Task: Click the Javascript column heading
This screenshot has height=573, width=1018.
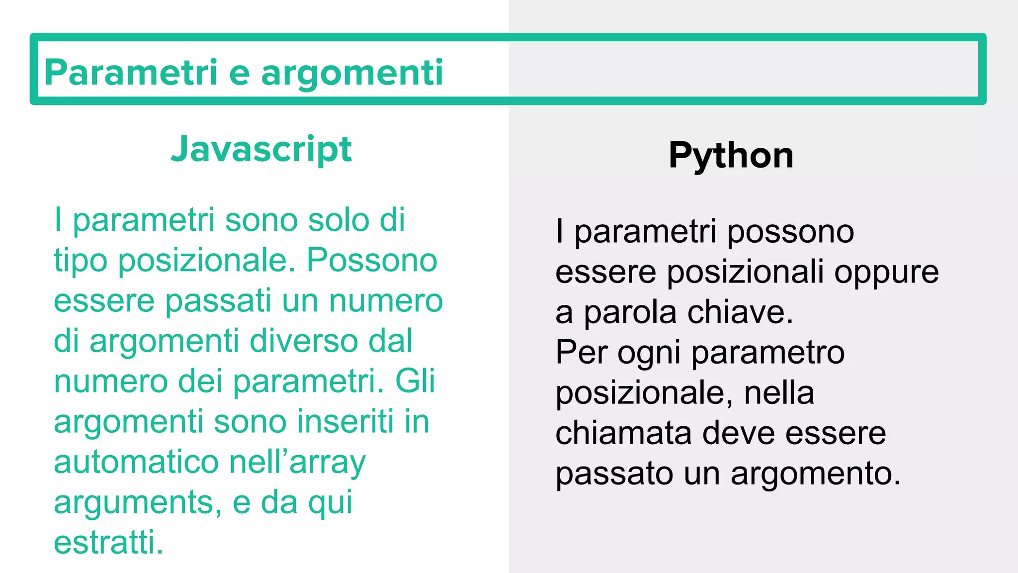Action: pyautogui.click(x=261, y=149)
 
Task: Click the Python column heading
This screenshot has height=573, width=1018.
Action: pyautogui.click(x=731, y=156)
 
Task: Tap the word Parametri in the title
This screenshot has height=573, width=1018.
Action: pyautogui.click(x=131, y=73)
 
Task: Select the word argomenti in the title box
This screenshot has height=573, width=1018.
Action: pyautogui.click(x=352, y=73)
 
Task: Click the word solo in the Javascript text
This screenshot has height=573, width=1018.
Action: pyautogui.click(x=339, y=220)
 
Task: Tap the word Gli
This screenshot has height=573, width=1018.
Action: pyautogui.click(x=415, y=382)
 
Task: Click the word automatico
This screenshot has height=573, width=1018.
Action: pyautogui.click(x=136, y=462)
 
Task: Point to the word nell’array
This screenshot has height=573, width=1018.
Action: pyautogui.click(x=297, y=462)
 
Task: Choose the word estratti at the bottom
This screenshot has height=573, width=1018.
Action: pyautogui.click(x=108, y=543)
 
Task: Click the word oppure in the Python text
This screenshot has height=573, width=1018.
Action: pyautogui.click(x=886, y=273)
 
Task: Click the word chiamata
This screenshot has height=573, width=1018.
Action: pyautogui.click(x=623, y=433)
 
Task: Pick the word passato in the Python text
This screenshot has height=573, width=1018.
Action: pyautogui.click(x=614, y=474)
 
